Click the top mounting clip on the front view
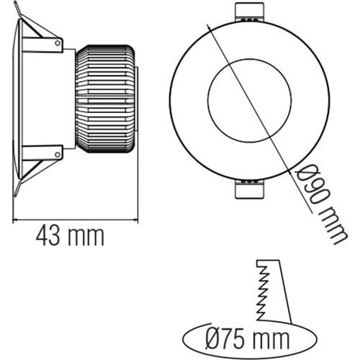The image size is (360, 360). coord(250,13)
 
